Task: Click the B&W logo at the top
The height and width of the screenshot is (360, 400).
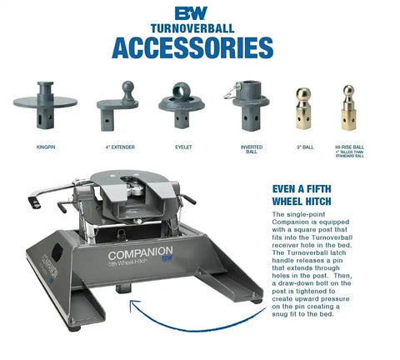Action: [x=199, y=12]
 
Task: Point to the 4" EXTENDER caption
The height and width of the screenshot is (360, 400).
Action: [x=119, y=147]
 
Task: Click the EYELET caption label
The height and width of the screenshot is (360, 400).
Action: [x=183, y=147]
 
